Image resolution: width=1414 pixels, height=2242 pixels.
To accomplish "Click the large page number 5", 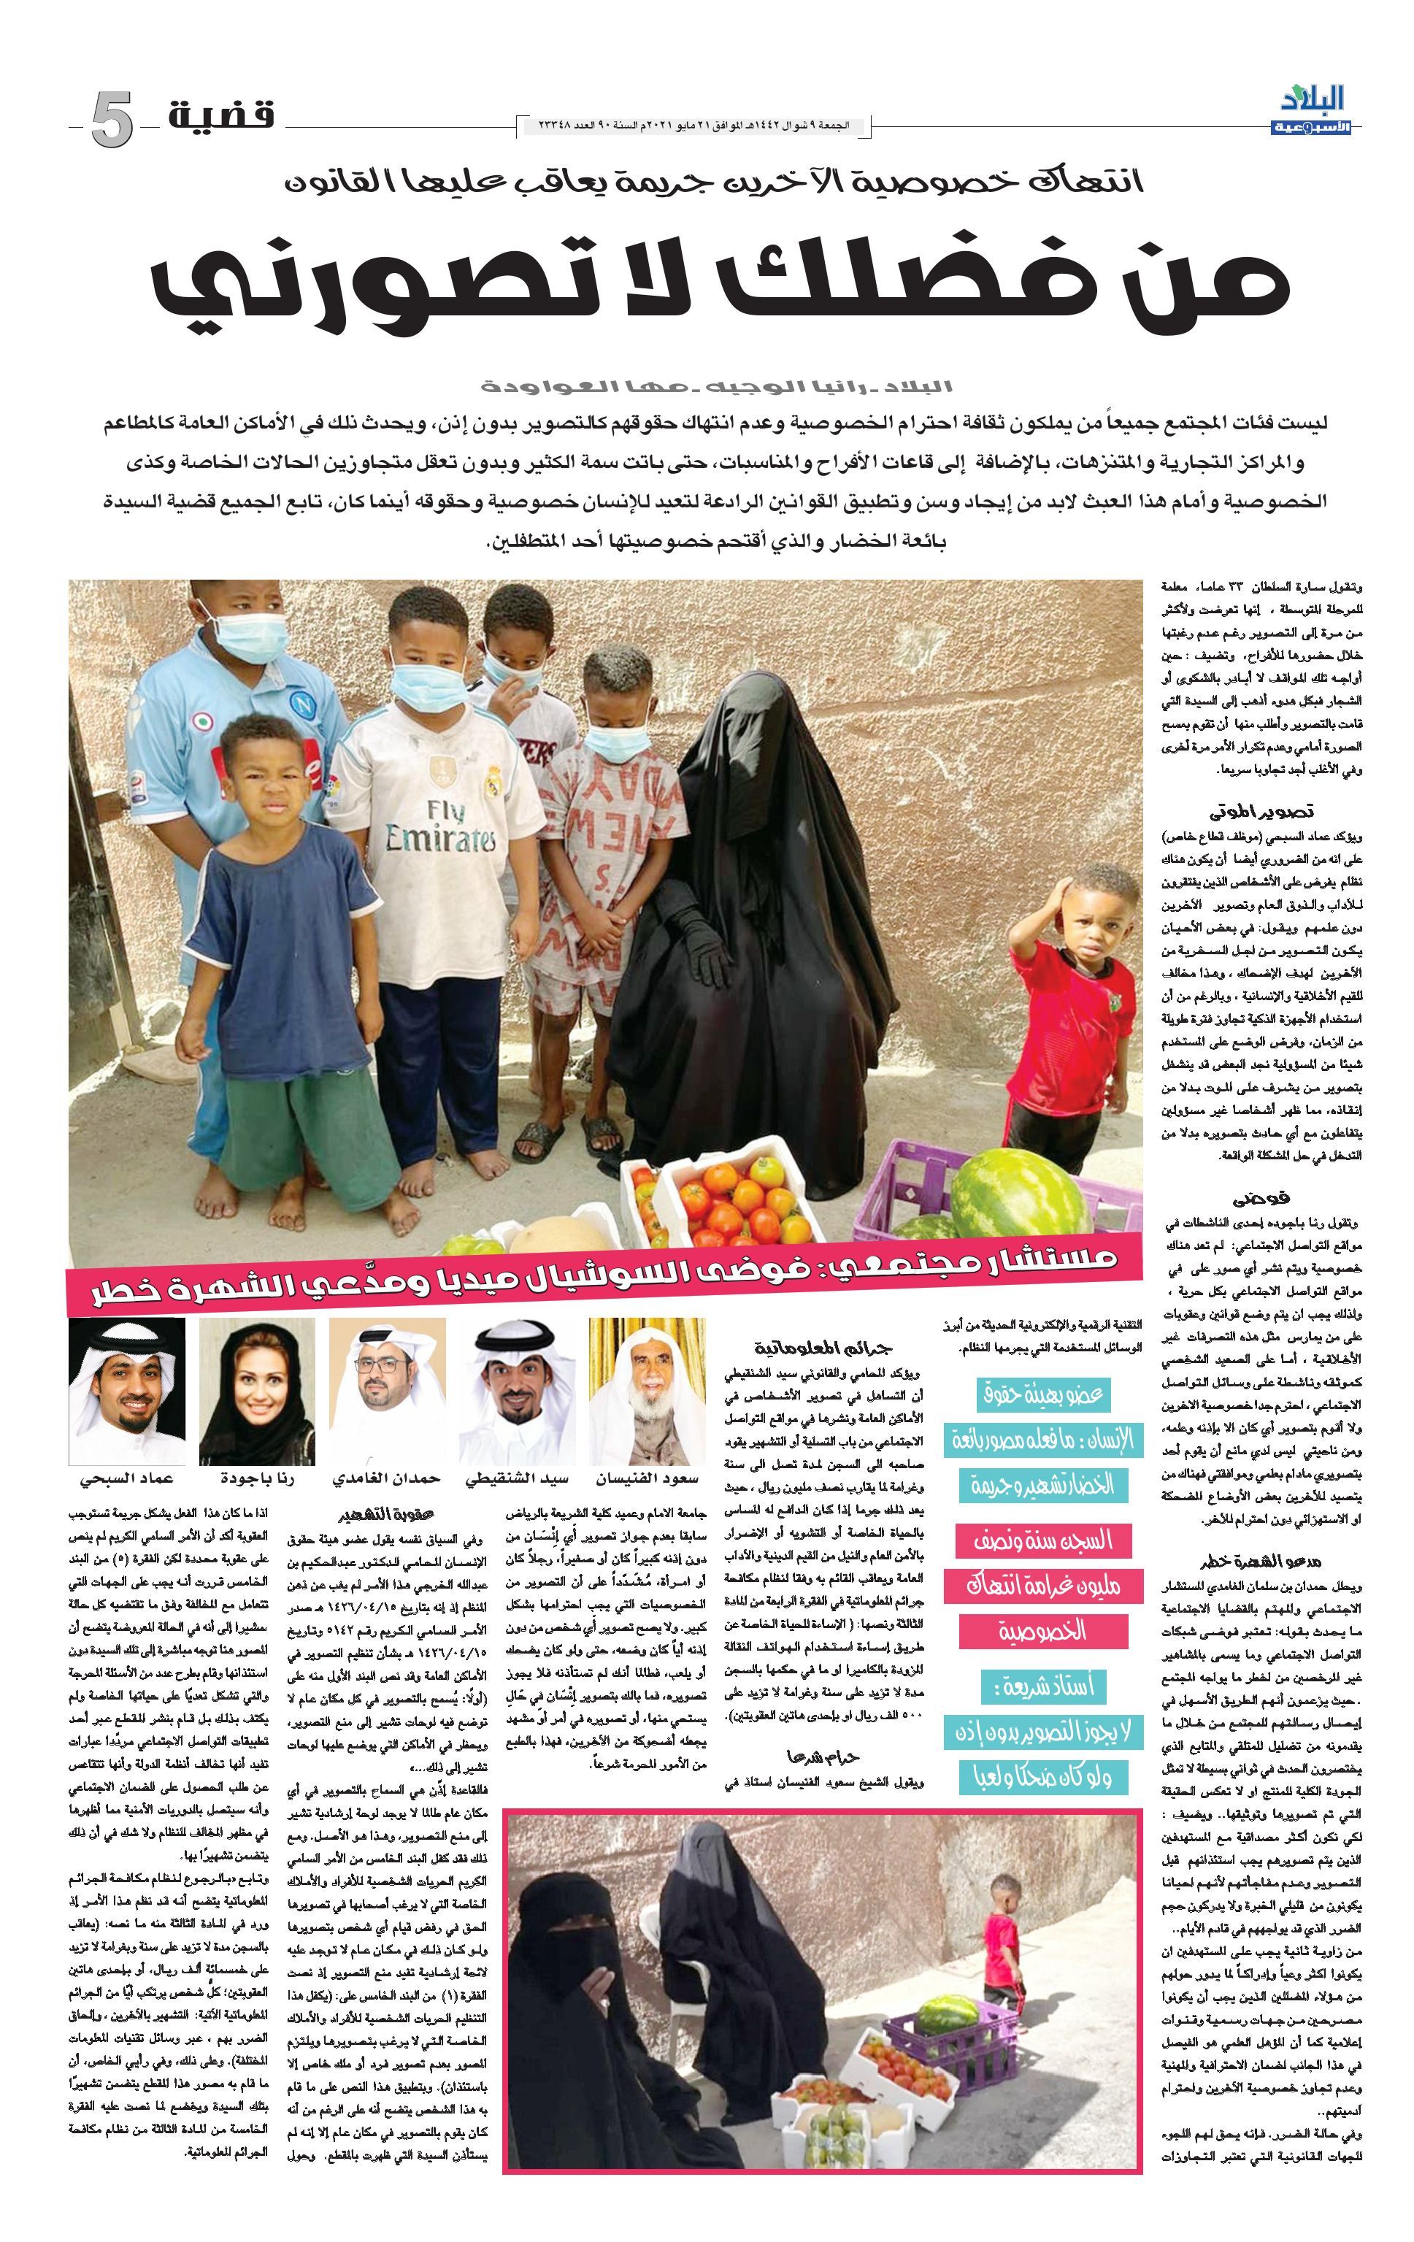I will pyautogui.click(x=112, y=121).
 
